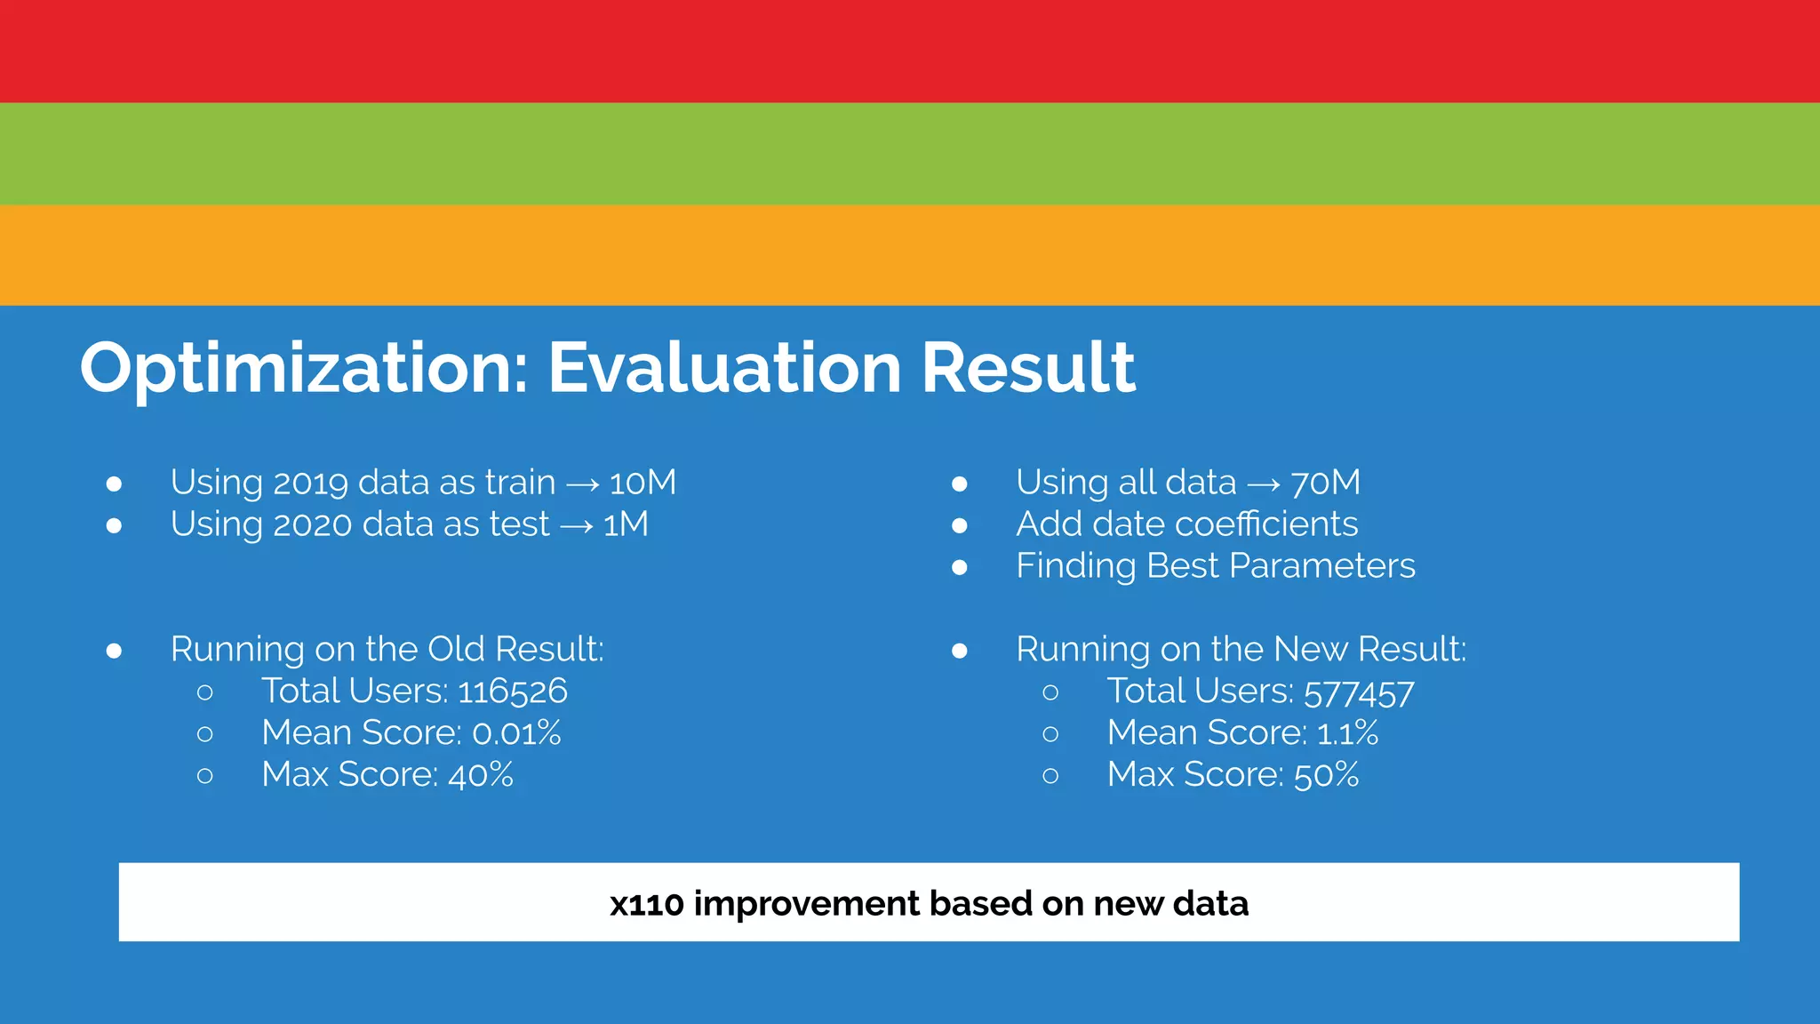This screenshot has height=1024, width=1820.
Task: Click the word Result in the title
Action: point(1028,368)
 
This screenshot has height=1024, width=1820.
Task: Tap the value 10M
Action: point(643,483)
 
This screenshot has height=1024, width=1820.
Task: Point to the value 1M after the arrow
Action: point(626,524)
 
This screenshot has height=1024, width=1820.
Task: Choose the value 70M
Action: point(1325,483)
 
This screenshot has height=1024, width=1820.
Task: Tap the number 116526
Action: point(513,692)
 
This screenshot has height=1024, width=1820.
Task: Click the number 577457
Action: point(1359,692)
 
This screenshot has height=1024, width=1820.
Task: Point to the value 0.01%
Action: point(516,733)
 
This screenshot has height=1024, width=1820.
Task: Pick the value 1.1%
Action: point(1347,733)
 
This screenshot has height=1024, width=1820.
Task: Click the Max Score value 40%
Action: point(481,775)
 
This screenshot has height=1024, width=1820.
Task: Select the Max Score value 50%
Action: point(1326,775)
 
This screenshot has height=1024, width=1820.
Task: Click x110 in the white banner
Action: point(646,904)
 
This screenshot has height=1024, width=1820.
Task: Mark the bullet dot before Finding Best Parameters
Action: point(959,567)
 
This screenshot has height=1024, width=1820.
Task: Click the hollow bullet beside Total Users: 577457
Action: point(1050,692)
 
